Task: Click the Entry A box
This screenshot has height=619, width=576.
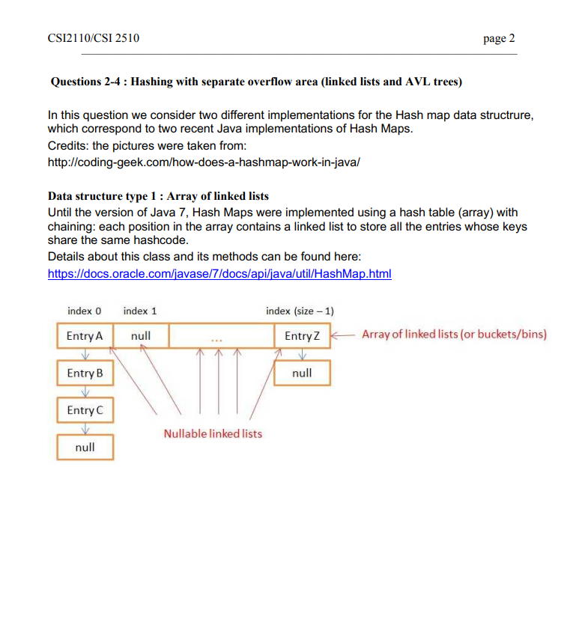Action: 84,336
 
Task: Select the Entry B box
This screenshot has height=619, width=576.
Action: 84,373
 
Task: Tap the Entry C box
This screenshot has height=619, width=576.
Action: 84,410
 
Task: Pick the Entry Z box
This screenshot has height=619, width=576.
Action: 302,336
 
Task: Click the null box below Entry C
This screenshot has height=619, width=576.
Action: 85,447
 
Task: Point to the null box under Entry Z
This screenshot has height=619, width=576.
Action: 302,373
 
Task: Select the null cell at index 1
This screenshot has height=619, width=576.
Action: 141,336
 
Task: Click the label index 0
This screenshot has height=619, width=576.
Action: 84,311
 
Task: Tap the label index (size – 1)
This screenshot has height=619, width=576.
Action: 300,311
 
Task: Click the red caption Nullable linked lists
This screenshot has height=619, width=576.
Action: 213,433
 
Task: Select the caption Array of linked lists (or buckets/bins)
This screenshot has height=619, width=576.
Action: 454,334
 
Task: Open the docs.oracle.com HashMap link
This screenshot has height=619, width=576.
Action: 219,274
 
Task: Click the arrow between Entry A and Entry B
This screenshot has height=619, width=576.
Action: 84,355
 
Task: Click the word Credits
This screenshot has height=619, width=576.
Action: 67,145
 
